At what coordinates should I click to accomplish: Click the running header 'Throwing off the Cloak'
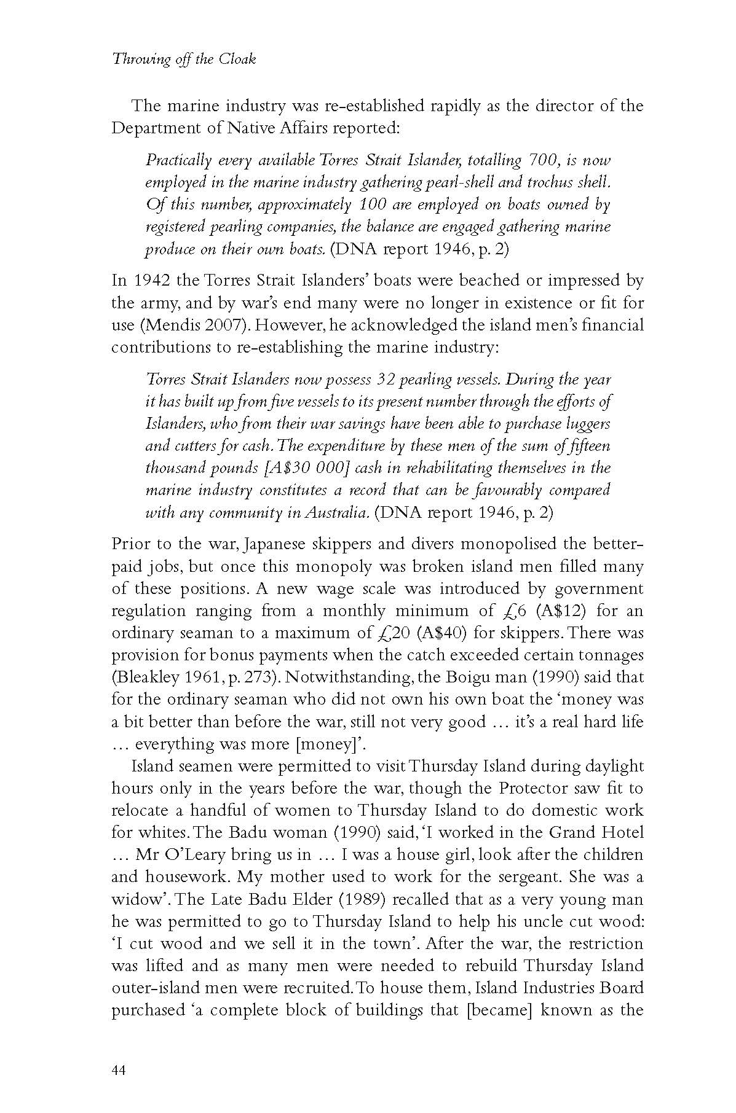click(x=183, y=60)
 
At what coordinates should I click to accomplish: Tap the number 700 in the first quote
click(x=541, y=160)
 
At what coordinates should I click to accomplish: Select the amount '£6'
click(x=505, y=611)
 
